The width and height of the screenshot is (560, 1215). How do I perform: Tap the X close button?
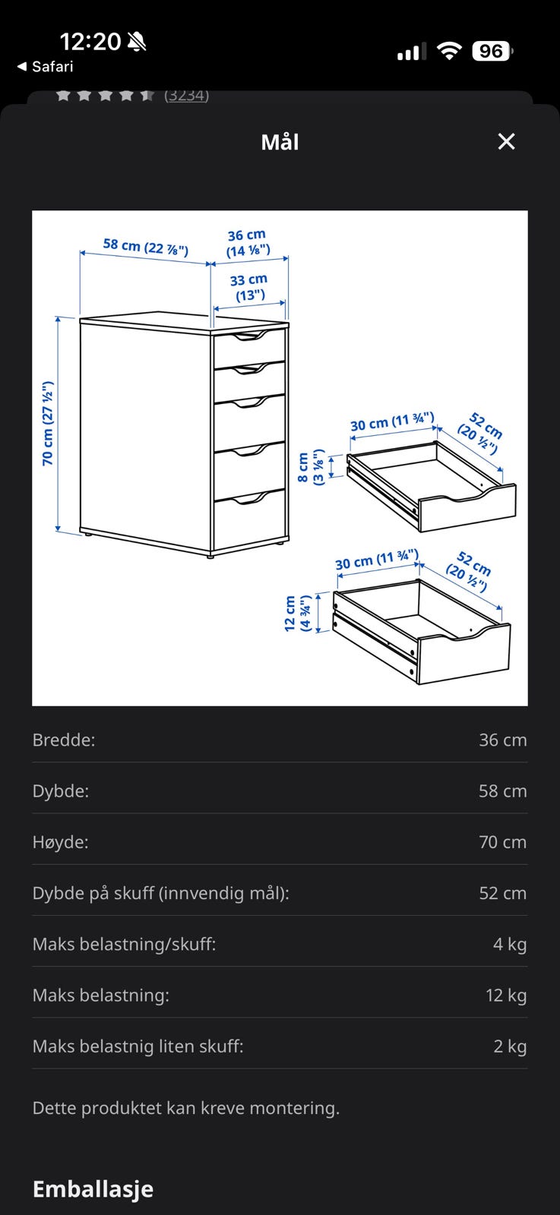[x=506, y=141]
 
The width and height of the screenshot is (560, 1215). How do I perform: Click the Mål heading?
[x=280, y=142]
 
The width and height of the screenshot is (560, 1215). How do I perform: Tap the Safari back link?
[x=46, y=67]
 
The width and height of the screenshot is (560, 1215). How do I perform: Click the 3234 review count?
[x=187, y=96]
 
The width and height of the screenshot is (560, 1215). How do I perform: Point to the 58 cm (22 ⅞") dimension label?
[x=145, y=248]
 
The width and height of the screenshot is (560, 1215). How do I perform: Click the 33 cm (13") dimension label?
[x=249, y=288]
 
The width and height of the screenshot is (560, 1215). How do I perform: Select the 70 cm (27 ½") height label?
[x=48, y=424]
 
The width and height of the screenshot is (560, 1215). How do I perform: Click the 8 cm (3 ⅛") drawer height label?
[x=311, y=467]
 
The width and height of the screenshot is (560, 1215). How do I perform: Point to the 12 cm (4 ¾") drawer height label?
[x=298, y=613]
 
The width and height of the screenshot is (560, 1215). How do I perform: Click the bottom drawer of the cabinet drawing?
[x=249, y=520]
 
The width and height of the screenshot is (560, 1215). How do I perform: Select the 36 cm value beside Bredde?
[x=502, y=740]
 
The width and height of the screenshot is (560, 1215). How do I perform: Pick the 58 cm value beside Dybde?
[x=502, y=791]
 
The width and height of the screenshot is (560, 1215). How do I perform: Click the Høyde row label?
[x=60, y=842]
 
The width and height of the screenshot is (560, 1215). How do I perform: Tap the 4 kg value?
[x=510, y=945]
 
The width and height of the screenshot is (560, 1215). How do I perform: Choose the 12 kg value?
[x=506, y=996]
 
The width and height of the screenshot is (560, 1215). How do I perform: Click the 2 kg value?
[x=510, y=1046]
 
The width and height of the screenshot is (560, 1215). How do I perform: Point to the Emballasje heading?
[x=93, y=1189]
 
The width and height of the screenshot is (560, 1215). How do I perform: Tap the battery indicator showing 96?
[x=492, y=52]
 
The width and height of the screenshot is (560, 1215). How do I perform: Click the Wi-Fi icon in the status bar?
[x=449, y=52]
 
